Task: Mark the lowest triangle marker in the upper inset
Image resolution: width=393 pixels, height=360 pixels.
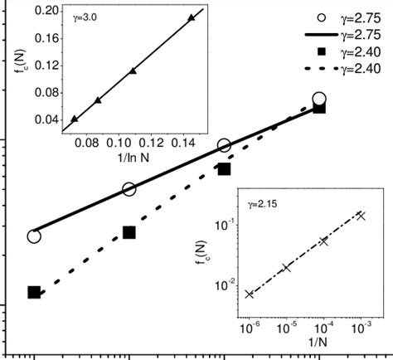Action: [x=75, y=119]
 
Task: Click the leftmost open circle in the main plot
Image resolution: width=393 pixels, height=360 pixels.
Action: [x=34, y=236]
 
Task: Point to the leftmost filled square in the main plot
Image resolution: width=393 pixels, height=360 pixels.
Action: [x=34, y=292]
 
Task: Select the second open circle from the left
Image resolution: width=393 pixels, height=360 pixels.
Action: [x=129, y=190]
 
